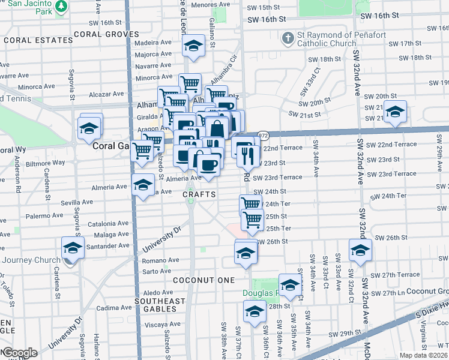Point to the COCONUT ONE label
click(x=198, y=280)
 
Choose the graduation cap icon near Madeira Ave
click(x=193, y=46)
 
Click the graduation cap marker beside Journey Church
click(x=73, y=248)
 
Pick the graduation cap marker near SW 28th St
click(x=255, y=312)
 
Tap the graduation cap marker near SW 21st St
click(x=395, y=112)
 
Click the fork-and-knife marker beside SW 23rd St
click(x=248, y=155)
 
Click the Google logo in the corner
click(x=19, y=353)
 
